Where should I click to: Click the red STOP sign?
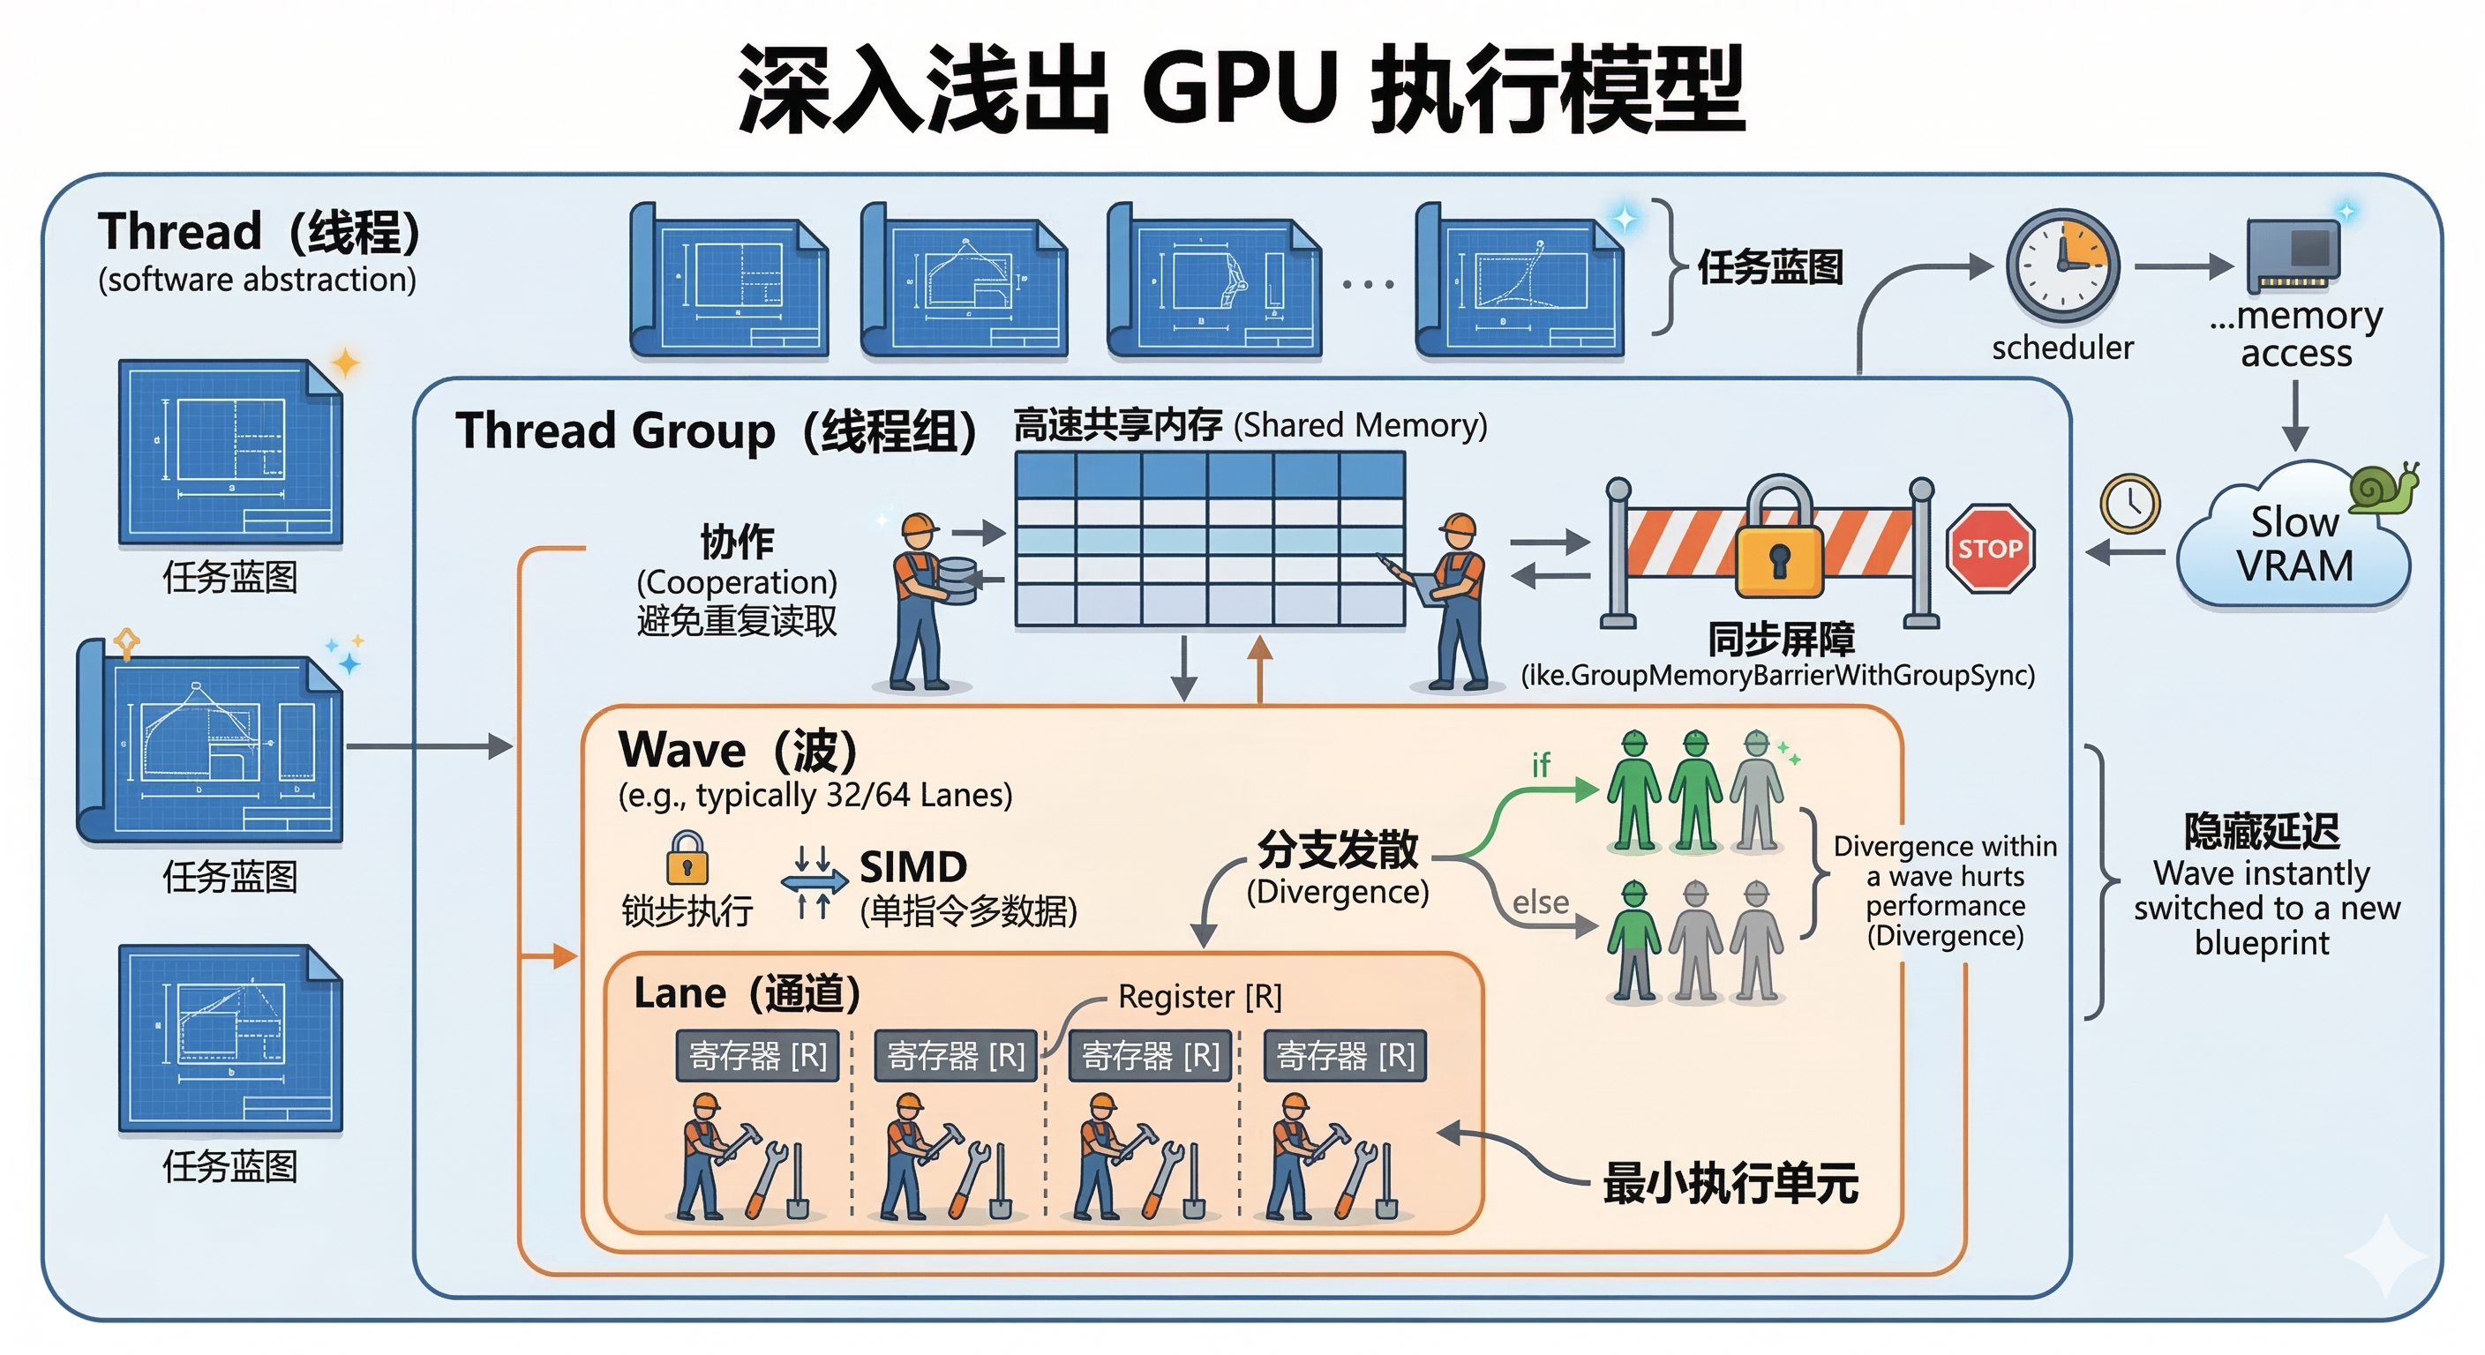1989,548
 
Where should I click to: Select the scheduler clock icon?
2062,265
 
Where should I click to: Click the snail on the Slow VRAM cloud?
2383,487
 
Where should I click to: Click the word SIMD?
912,866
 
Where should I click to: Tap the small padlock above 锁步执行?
687,857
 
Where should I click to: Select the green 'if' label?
1541,765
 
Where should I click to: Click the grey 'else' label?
1541,902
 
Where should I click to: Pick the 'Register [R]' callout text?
1199,996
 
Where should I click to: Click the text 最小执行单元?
1730,1182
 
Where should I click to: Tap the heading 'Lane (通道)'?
747,993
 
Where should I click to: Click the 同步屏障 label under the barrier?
1781,639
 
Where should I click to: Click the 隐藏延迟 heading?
2261,830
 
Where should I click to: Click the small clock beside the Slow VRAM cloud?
2130,504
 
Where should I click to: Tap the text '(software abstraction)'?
257,280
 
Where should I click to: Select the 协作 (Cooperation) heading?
737,543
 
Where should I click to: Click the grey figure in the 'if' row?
1757,794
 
